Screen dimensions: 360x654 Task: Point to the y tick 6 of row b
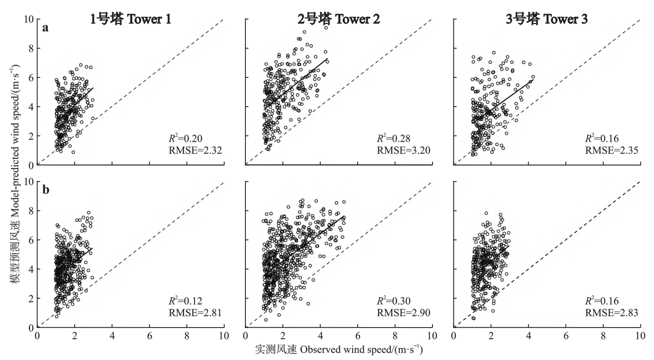pos(31,240)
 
